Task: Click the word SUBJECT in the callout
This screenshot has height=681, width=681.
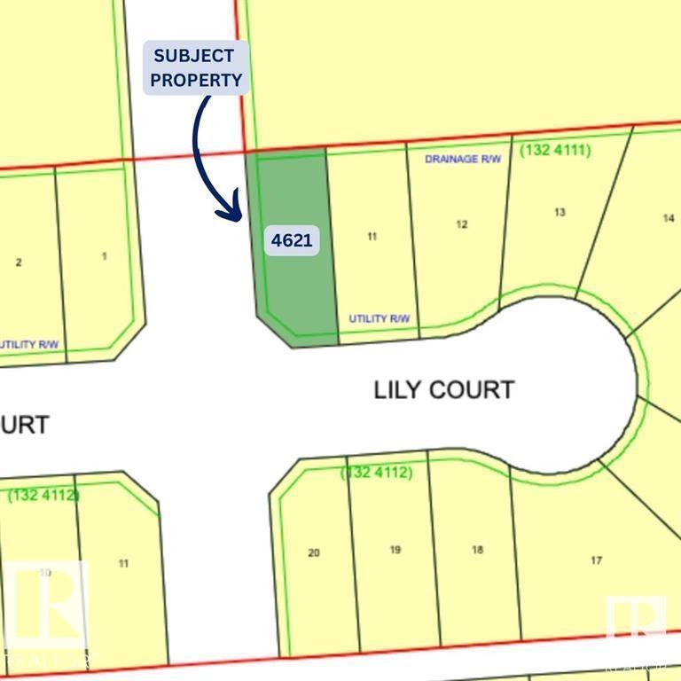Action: pos(195,56)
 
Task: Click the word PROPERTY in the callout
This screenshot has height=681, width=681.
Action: pos(195,79)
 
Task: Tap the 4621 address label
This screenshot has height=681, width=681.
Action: pos(292,239)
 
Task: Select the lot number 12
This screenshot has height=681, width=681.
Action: pos(461,224)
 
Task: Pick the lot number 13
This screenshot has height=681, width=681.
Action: pos(560,212)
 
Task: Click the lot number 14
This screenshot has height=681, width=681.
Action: pos(669,218)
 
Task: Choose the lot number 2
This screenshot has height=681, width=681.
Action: pos(19,262)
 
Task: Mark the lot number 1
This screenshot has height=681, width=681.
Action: pos(105,256)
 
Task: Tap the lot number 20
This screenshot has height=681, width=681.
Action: pos(313,552)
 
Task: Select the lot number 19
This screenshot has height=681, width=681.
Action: pos(395,550)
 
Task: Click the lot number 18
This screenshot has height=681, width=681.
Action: pos(478,550)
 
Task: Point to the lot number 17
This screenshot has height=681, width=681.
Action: pos(597,560)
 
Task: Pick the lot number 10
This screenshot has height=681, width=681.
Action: pos(44,574)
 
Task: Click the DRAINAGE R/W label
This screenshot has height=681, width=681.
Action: pos(463,160)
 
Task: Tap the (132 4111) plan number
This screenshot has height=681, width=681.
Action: pos(555,151)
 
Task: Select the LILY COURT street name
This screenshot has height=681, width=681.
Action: pos(444,389)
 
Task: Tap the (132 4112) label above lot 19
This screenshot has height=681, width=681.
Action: pos(377,474)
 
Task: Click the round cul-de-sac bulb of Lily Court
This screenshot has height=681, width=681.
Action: pos(567,386)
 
